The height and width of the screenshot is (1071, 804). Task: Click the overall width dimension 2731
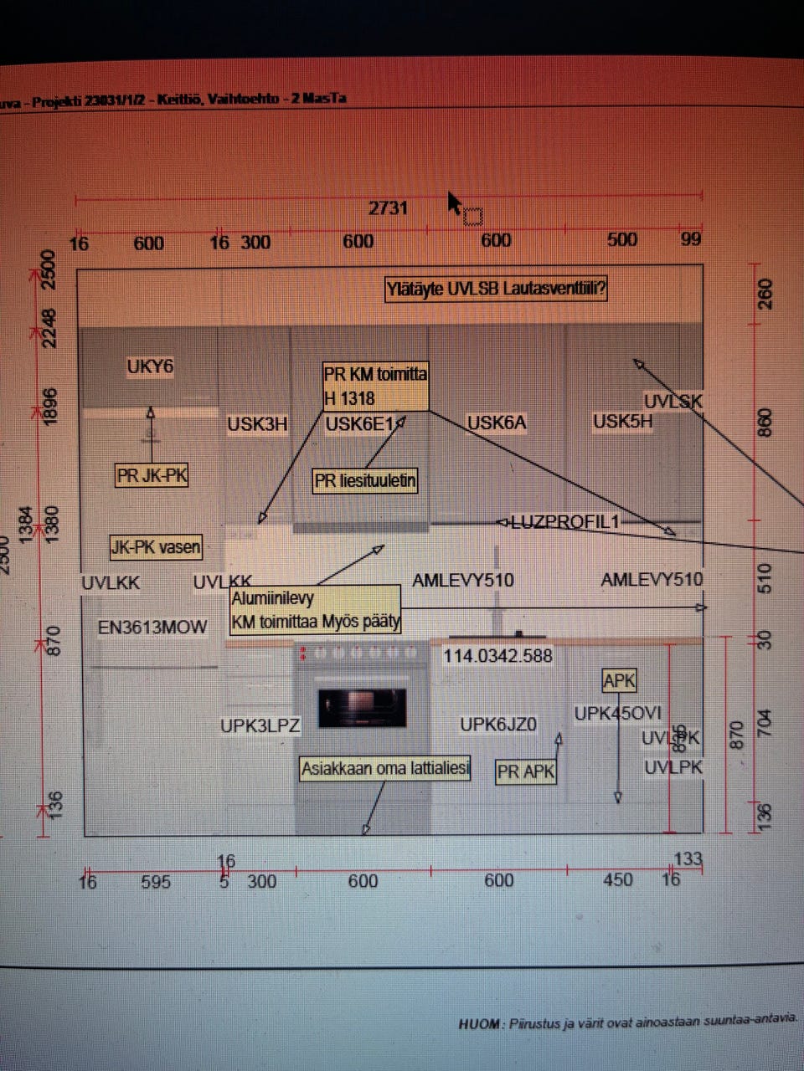pyautogui.click(x=388, y=208)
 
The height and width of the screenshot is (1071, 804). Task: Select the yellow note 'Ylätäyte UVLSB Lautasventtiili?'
pyautogui.click(x=496, y=290)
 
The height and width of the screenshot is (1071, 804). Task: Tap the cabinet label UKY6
pyautogui.click(x=150, y=366)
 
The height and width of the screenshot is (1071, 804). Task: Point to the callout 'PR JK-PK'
pyautogui.click(x=152, y=476)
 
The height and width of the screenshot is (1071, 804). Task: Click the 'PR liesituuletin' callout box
pyautogui.click(x=365, y=481)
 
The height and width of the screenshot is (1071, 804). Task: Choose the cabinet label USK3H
pyautogui.click(x=257, y=424)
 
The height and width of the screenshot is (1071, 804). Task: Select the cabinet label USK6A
pyautogui.click(x=497, y=423)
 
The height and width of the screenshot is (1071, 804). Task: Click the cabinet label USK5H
pyautogui.click(x=622, y=421)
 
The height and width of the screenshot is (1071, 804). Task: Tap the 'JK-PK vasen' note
pyautogui.click(x=156, y=548)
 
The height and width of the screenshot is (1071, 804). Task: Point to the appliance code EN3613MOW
pyautogui.click(x=152, y=627)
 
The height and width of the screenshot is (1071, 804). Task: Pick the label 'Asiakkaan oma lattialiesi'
pyautogui.click(x=385, y=768)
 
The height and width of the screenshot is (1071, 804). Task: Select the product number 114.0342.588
pyautogui.click(x=497, y=655)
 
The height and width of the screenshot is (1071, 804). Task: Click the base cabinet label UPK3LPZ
pyautogui.click(x=260, y=725)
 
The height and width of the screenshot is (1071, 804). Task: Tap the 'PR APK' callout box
pyautogui.click(x=526, y=771)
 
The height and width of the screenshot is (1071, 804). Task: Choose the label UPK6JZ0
pyautogui.click(x=498, y=724)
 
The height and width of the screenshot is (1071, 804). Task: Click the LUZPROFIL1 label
pyautogui.click(x=564, y=522)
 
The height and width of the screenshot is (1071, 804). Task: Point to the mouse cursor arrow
pyautogui.click(x=453, y=202)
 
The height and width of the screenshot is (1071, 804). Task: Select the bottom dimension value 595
pyautogui.click(x=156, y=882)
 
